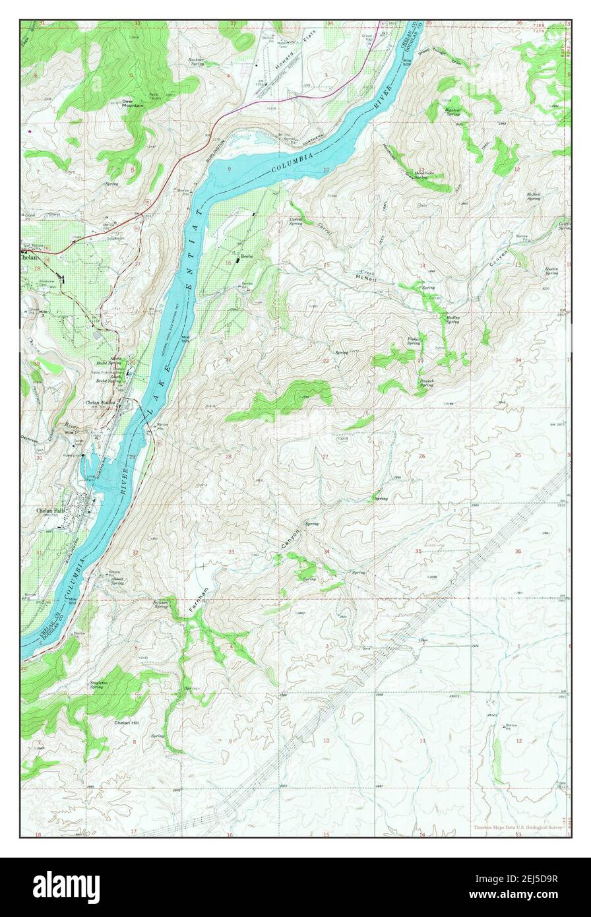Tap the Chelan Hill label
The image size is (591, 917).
point(126,723)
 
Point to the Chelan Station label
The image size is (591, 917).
point(100,402)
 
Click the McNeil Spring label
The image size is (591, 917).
point(534,195)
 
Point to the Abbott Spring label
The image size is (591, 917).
point(117,581)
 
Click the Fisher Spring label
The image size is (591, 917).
point(414,341)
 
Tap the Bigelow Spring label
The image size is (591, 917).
point(452,111)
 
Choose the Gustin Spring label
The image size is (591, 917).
point(552,270)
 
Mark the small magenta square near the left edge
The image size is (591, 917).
point(30,130)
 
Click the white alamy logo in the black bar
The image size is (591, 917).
point(66,887)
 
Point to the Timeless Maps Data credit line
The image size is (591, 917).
point(520,827)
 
